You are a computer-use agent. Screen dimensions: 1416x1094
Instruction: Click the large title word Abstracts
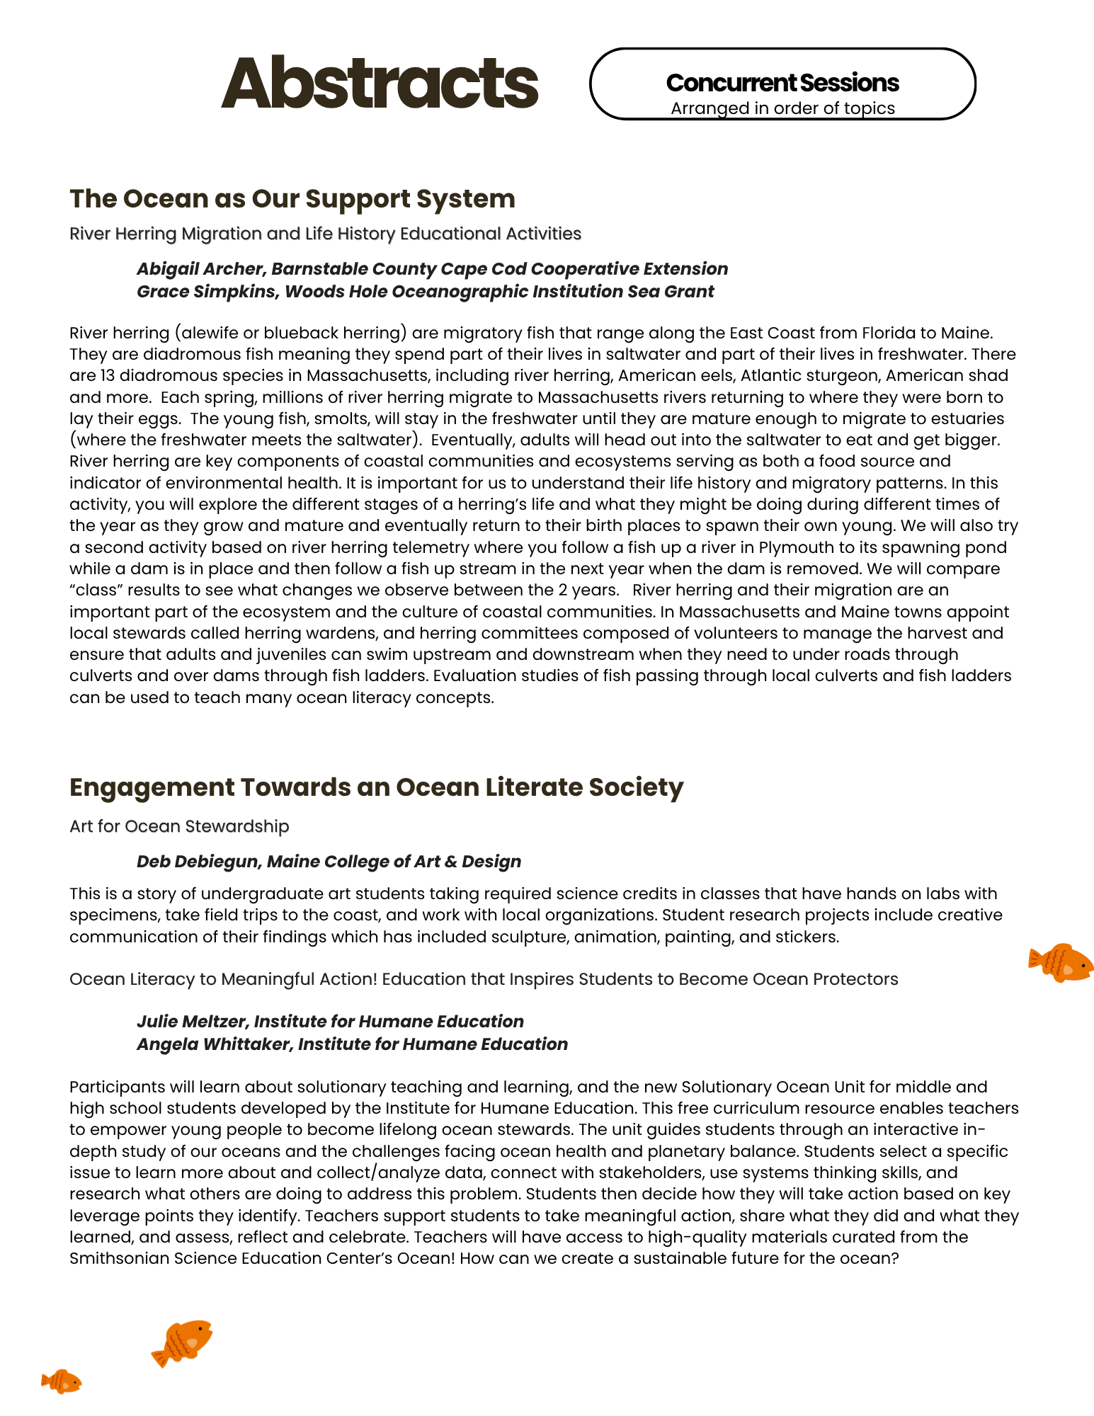click(380, 84)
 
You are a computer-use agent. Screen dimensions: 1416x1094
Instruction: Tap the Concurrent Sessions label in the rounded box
click(782, 83)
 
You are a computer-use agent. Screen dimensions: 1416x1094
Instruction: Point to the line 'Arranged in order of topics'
click(782, 108)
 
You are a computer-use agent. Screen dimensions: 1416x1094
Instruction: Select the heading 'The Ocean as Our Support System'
click(292, 199)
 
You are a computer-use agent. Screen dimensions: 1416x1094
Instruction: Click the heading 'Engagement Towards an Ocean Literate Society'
click(376, 787)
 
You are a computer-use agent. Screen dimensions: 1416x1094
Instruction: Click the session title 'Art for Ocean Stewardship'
click(179, 826)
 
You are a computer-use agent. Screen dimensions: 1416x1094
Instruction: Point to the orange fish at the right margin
click(1061, 962)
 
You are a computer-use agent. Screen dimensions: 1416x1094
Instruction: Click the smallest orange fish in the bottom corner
click(62, 1381)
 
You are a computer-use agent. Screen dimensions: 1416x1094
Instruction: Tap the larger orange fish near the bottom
click(183, 1342)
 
